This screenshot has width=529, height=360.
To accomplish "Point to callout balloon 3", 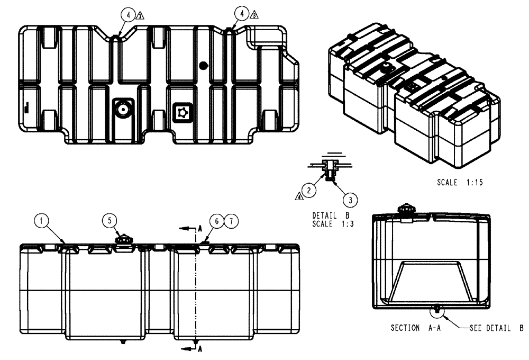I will pos(350,199).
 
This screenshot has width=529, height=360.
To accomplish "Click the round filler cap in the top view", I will pos(123,110).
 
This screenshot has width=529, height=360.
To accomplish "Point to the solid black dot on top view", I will pos(203,65).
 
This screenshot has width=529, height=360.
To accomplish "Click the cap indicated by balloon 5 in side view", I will pos(124,239).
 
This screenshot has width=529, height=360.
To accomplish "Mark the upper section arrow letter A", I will pos(199,228).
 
